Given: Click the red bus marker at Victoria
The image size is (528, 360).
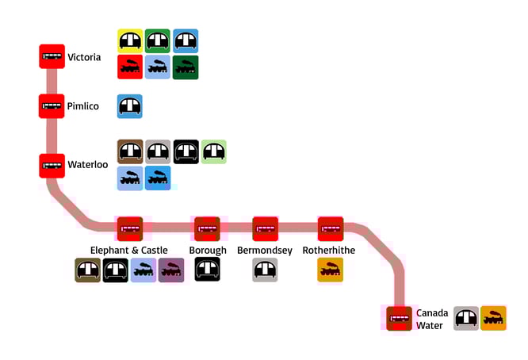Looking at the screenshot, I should point(52,56).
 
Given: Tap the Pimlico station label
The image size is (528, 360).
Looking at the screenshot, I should point(83,105).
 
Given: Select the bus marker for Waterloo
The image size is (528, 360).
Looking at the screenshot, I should point(52,165).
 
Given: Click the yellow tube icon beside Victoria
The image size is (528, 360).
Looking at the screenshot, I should point(130,41).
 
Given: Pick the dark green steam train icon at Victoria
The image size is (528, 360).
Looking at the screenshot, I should point(186,67).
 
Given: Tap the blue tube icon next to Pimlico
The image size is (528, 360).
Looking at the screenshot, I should point(130,105).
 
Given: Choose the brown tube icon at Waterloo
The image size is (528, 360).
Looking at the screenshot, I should point(130,151).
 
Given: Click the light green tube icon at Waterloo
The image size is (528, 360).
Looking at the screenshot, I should point(214,151).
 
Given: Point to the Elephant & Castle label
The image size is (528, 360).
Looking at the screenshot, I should point(129,251).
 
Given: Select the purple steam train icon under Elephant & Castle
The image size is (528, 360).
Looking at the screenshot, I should point(171,270).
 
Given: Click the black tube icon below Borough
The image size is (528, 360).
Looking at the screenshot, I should point(208,270).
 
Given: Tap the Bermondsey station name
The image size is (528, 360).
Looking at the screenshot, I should point(265,251).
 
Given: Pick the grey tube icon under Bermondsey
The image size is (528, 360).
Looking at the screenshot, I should point(265,270).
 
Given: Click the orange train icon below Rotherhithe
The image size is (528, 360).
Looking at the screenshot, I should point(330,270).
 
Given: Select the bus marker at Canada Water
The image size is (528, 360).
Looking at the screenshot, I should point(399,318).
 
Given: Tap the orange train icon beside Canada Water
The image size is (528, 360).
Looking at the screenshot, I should point(494,318).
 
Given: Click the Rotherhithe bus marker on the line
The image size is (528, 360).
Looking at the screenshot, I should point(330,228).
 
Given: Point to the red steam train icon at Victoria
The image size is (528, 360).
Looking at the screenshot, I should point(130,67).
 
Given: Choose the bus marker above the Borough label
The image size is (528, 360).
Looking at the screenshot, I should point(207,228).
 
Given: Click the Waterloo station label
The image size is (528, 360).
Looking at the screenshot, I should point(87,165).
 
